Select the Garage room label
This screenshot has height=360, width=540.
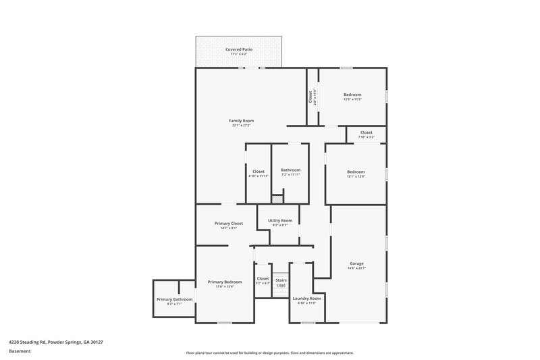pos(356,263)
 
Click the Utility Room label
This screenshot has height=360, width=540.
pos(279,220)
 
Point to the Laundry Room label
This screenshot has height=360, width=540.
pos(306,298)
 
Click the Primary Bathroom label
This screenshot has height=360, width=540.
pos(174,299)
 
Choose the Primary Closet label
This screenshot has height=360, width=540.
pos(228,224)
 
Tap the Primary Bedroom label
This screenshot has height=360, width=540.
pos(224,282)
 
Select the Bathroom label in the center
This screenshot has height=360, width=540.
pos(290,170)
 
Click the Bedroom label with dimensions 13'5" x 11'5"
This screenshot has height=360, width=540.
pos(352,95)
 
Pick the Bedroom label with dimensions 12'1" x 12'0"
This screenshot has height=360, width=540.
pos(356,172)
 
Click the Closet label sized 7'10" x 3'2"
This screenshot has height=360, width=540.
pos(366,132)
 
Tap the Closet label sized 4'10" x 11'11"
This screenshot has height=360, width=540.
pos(258,172)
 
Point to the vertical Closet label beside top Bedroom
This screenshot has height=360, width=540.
pos(310,97)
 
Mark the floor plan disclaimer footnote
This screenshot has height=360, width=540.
pos(269,353)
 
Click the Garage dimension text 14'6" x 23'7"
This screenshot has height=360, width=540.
pos(356,268)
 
